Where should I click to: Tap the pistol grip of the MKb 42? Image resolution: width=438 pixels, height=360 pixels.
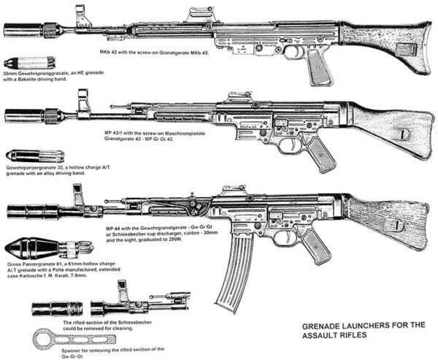coord(318,66)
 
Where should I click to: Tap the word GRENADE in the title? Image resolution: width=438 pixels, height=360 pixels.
coord(326,326)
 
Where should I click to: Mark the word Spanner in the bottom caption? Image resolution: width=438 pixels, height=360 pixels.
coord(46,350)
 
